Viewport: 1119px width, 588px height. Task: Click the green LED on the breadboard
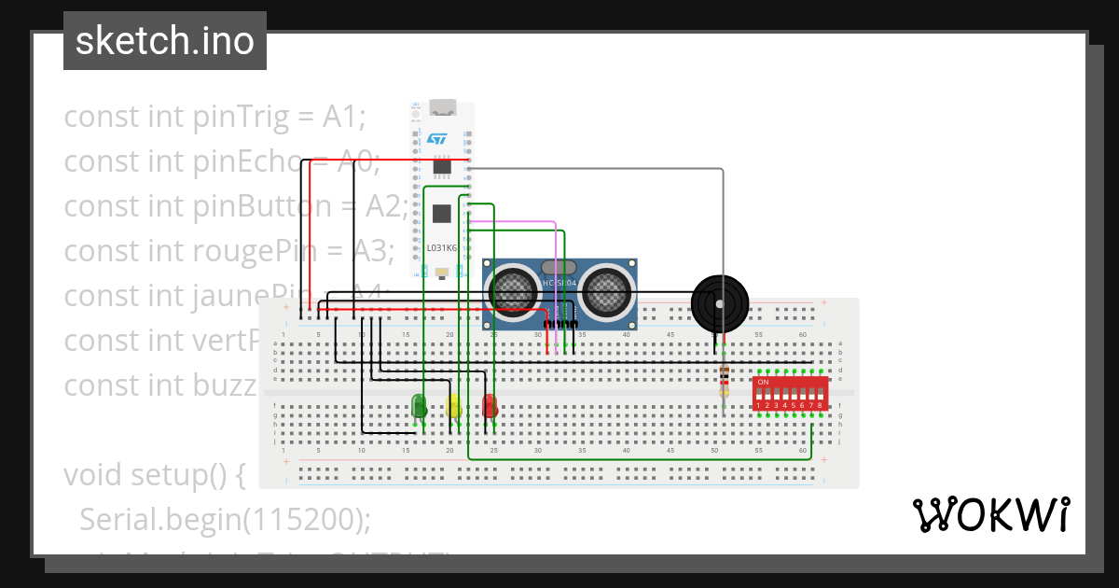420,406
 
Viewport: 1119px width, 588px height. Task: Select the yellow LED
454,406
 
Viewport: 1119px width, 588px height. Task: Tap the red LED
490,406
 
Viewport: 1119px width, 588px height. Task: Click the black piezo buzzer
720,302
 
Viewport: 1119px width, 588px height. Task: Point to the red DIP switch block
790,394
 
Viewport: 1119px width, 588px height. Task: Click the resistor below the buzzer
724,381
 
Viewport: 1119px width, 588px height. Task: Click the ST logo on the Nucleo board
437,138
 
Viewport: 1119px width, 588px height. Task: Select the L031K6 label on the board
442,247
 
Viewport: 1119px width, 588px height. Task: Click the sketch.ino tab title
165,41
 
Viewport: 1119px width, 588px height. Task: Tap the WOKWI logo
990,514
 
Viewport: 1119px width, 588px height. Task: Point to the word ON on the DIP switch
763,383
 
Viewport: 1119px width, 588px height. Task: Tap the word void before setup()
92,475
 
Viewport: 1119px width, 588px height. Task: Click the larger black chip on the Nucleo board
442,214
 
